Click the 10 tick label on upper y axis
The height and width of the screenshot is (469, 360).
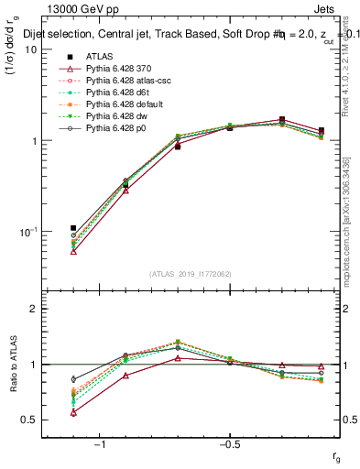(30, 49)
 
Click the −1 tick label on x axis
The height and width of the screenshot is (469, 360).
(100, 444)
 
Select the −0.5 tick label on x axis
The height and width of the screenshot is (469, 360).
(229, 444)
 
